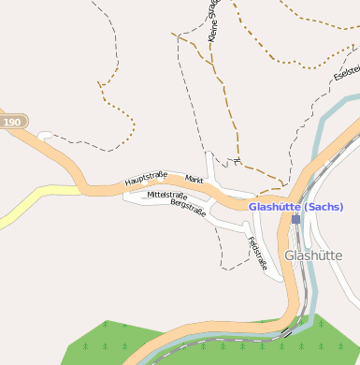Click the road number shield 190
12,123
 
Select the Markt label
194,179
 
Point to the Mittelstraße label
161,195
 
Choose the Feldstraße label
257,253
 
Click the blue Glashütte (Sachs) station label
295,207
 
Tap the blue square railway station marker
295,219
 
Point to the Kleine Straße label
214,21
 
